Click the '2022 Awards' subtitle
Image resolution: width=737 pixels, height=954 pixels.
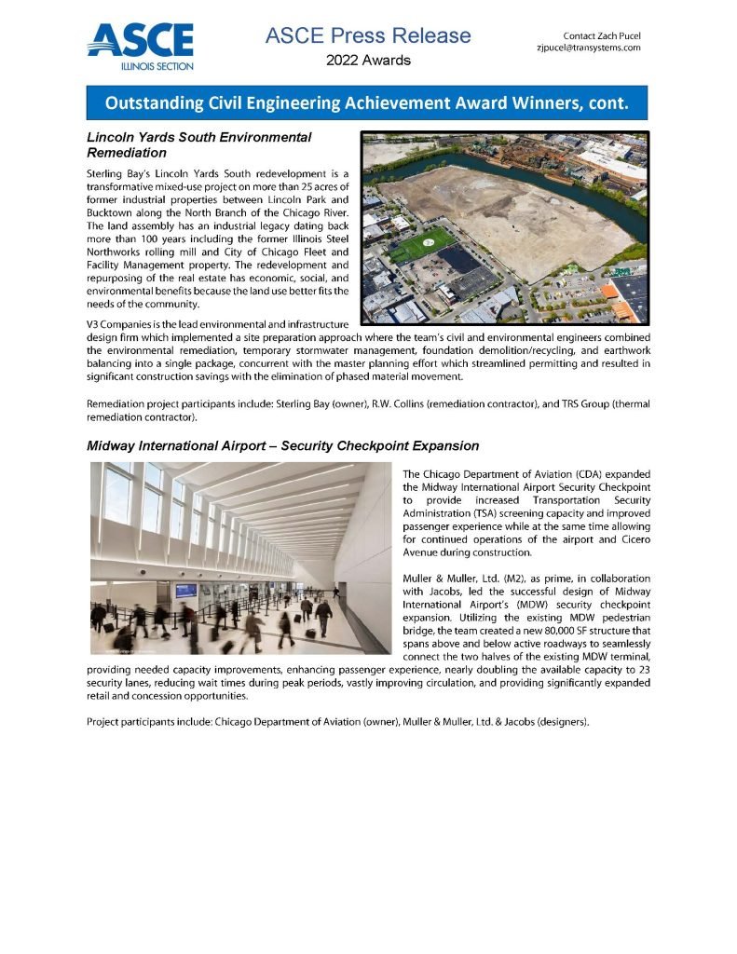[368, 61]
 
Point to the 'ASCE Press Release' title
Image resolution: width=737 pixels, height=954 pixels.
[368, 35]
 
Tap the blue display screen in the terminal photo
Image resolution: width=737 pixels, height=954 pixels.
[186, 590]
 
